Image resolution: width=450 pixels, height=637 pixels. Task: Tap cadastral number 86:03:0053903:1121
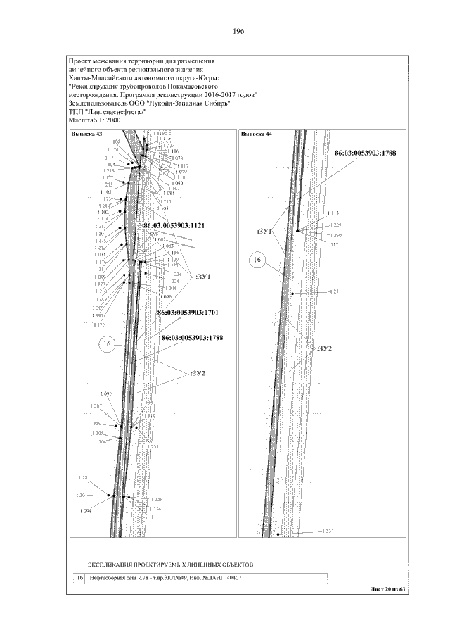pyautogui.click(x=174, y=225)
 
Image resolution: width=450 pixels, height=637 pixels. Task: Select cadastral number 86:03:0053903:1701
pyautogui.click(x=188, y=311)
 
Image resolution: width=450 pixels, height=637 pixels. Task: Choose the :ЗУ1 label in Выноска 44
pyautogui.click(x=265, y=231)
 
